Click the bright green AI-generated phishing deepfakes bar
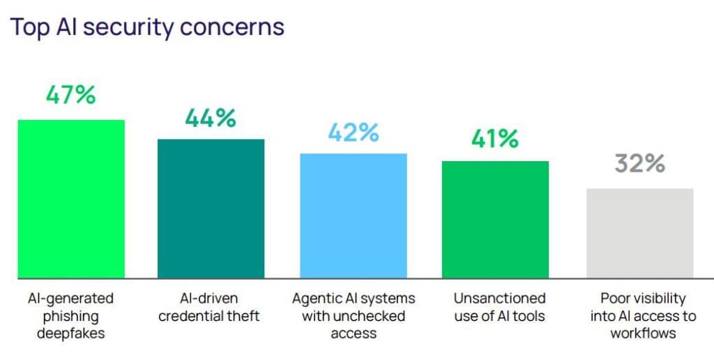(71, 199)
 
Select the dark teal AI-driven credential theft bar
(211, 209)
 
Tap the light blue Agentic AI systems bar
(354, 216)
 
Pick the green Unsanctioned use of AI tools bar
(496, 220)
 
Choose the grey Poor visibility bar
(640, 233)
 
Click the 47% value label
(71, 96)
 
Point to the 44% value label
(211, 118)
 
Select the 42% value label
(354, 132)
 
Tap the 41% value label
(495, 139)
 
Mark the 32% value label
(640, 163)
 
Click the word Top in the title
(31, 27)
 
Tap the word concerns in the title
(232, 28)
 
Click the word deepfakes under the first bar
(70, 333)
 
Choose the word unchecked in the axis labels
(354, 316)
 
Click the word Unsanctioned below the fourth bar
(499, 299)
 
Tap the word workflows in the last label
(643, 333)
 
